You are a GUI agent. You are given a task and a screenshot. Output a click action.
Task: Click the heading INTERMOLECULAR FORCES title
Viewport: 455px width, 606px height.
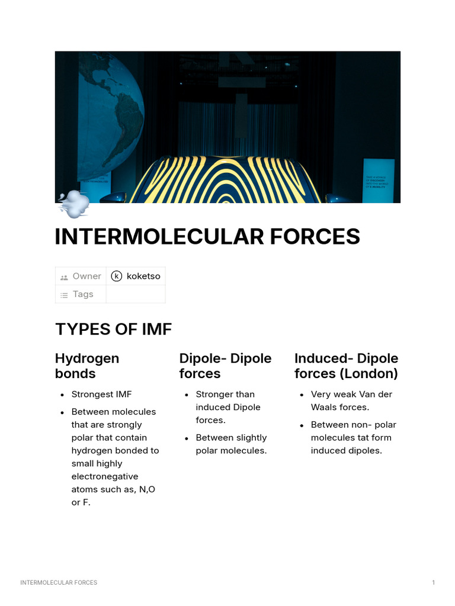point(207,237)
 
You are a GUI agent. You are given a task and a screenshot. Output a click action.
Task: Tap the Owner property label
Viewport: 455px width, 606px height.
point(86,276)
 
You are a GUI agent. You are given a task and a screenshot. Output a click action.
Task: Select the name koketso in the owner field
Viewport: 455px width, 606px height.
point(143,276)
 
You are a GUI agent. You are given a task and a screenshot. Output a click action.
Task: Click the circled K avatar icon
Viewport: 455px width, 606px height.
point(117,276)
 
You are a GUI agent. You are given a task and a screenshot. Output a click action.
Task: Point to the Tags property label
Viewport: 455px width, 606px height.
point(83,294)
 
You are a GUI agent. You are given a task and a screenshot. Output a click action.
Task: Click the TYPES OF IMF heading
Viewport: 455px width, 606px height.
point(113,329)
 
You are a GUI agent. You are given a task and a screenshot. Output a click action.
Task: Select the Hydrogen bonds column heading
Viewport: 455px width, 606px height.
point(87,366)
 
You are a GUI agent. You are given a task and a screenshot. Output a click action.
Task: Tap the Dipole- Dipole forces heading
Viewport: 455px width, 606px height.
point(225,366)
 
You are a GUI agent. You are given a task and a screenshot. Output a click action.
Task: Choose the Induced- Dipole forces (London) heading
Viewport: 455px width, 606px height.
point(346,366)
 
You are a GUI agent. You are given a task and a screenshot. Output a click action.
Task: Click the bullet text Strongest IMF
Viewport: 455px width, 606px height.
point(101,394)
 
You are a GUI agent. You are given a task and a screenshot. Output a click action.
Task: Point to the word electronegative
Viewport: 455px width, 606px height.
point(105,476)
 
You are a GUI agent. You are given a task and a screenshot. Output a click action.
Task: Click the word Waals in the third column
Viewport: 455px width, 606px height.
point(325,407)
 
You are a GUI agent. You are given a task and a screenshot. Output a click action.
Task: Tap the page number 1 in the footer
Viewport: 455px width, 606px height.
point(433,583)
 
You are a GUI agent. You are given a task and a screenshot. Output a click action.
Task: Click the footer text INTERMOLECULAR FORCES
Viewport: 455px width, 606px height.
point(59,583)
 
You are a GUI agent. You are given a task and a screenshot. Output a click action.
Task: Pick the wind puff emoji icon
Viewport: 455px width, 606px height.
point(73,204)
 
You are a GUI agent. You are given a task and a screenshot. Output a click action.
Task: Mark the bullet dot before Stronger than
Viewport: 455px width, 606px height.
point(187,395)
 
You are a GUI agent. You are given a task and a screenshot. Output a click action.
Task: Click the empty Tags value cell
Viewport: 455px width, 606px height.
point(135,294)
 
